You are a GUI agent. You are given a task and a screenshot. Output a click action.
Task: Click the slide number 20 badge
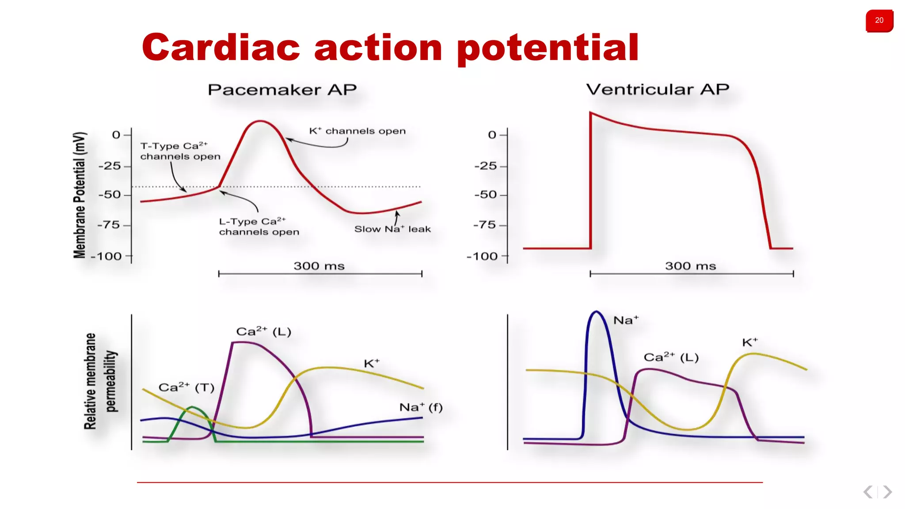(x=879, y=20)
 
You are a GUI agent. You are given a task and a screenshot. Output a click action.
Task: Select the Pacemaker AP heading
(x=282, y=90)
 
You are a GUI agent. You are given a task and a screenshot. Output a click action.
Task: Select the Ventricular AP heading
(x=657, y=89)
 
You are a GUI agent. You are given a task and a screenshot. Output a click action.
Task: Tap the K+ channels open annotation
(x=357, y=131)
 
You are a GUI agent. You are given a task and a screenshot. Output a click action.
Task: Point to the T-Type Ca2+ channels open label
(x=180, y=151)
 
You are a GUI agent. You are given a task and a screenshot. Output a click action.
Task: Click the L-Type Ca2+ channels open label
(x=259, y=227)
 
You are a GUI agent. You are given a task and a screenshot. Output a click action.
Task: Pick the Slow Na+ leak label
(x=392, y=229)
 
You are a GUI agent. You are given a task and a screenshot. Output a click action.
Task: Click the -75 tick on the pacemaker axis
(x=109, y=225)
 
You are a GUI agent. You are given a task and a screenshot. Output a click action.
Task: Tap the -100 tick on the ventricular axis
(x=482, y=256)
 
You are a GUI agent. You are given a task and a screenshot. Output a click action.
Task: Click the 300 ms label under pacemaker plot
(x=319, y=266)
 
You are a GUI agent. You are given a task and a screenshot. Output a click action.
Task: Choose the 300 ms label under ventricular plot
(x=690, y=266)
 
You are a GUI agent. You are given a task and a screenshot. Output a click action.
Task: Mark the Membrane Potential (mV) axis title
(x=80, y=194)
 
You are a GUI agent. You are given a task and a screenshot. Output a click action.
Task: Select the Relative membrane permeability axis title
(x=100, y=381)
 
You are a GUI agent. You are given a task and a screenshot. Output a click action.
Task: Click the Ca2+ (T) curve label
(x=186, y=387)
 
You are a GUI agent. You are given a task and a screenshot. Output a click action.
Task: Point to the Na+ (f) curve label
(x=420, y=407)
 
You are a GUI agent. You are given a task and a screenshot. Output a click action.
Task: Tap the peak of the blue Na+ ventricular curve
(x=596, y=312)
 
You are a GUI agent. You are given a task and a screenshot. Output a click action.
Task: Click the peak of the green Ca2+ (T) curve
(x=192, y=407)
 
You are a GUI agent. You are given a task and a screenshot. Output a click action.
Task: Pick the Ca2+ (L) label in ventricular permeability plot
(x=670, y=357)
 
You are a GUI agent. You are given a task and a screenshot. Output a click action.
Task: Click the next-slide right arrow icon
(x=887, y=492)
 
